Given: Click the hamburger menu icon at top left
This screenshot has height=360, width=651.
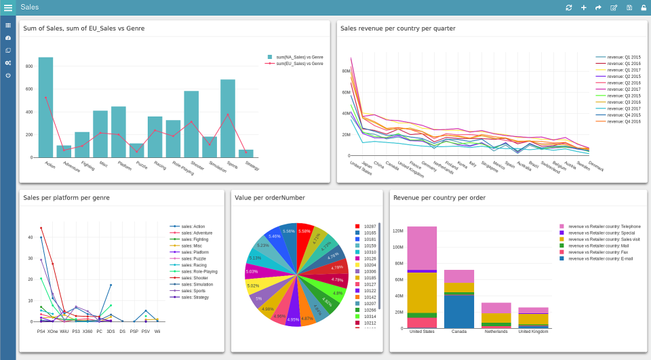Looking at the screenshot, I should click(x=8, y=7).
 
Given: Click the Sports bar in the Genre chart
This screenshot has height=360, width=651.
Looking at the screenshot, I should click(x=228, y=119).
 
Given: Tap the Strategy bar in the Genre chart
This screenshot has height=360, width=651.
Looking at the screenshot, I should click(x=246, y=153).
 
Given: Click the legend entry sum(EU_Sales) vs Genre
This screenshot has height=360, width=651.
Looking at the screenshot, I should click(x=299, y=63).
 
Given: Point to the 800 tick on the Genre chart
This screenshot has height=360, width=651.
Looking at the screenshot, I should click(x=29, y=66).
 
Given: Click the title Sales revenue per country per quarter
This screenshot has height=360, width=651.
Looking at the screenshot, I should click(x=397, y=28).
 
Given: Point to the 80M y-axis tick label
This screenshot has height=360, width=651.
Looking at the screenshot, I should click(x=345, y=71).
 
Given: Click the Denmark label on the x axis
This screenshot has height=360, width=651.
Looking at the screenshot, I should click(x=595, y=167).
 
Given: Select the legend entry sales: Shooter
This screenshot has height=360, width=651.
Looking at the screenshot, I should click(x=195, y=277).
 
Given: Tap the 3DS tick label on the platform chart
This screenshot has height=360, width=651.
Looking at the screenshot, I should click(x=111, y=332).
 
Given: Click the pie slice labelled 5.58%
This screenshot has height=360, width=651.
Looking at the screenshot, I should click(x=304, y=232).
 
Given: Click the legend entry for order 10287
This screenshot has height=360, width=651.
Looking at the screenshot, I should click(x=370, y=226).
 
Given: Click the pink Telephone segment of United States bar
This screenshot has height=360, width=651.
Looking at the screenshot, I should click(x=422, y=247).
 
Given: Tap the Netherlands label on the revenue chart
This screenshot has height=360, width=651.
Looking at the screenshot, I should click(x=496, y=332).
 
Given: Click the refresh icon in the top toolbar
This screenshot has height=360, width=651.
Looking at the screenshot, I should click(x=568, y=7).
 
